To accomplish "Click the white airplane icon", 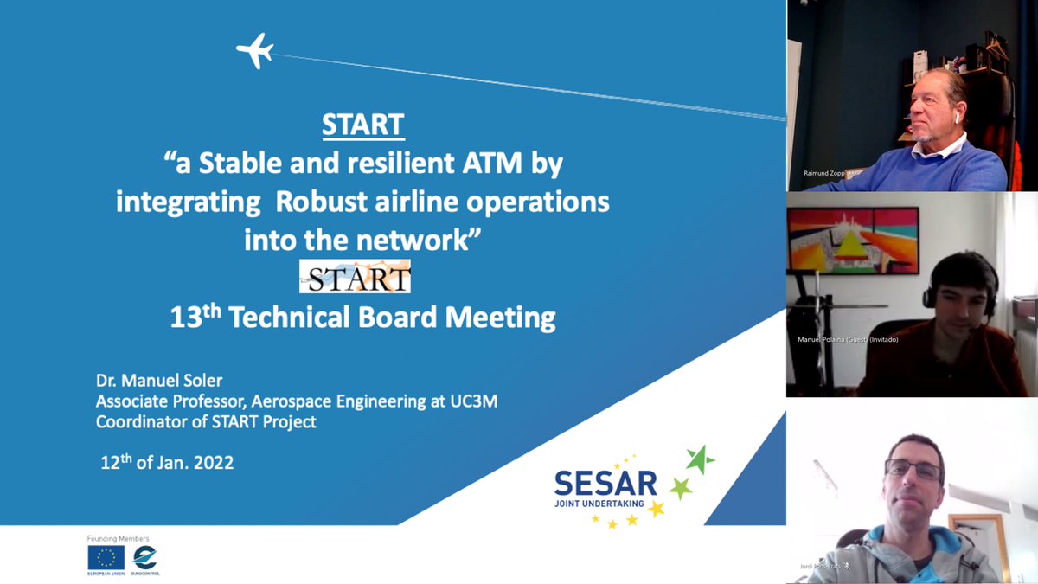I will point(255,50).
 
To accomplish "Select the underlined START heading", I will point(362,125).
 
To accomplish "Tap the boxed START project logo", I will point(355,278).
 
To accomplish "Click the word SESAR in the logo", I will point(605,483).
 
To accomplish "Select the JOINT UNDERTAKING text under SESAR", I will point(605,502).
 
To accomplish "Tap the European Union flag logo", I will point(106,558).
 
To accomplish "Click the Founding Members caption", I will point(118,538).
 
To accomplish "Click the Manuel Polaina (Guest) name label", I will point(847,339).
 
